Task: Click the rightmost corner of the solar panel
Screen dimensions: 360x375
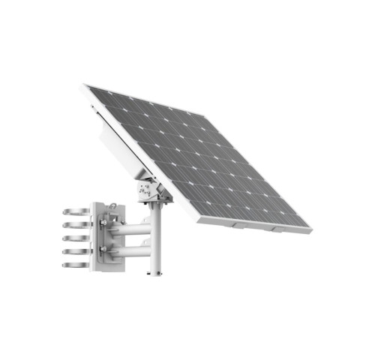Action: pyautogui.click(x=310, y=225)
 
